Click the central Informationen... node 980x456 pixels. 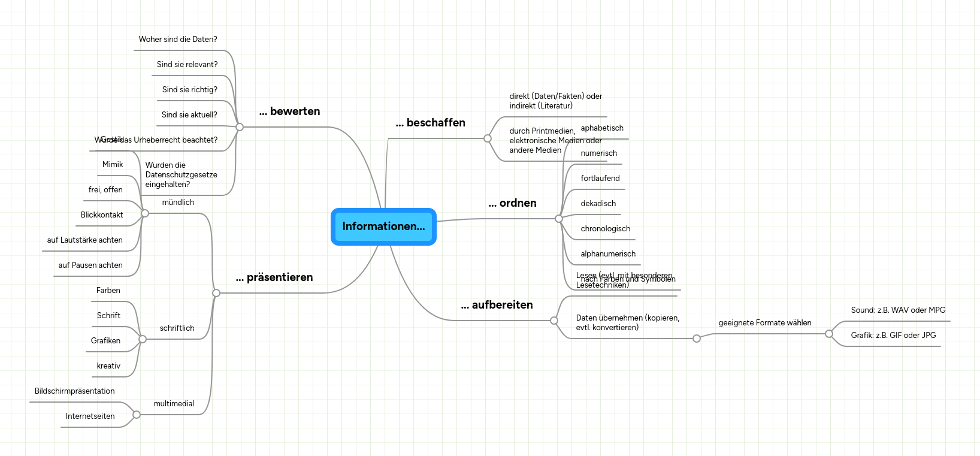click(x=383, y=227)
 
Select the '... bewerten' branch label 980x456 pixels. click(x=289, y=111)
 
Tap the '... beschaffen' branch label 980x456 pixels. click(x=430, y=123)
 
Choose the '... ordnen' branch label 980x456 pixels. click(x=512, y=203)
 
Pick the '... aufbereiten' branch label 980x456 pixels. click(x=497, y=305)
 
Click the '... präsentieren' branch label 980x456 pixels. click(x=274, y=277)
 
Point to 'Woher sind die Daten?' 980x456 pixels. click(x=178, y=40)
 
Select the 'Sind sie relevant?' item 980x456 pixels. click(x=187, y=65)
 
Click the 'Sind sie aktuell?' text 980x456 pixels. click(x=189, y=115)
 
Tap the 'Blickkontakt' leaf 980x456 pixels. click(x=102, y=215)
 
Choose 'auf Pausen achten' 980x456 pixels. click(x=90, y=265)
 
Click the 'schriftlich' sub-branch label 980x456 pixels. click(x=177, y=328)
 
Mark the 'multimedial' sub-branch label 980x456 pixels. click(x=174, y=404)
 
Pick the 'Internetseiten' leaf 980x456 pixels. click(x=90, y=416)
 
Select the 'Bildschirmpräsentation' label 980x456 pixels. click(x=74, y=391)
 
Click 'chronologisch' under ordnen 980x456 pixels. click(x=605, y=229)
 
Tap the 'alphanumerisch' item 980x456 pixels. click(x=608, y=254)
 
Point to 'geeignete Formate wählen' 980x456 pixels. click(x=765, y=323)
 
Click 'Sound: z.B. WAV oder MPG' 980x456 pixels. click(x=898, y=310)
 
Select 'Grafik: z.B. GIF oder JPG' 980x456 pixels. click(x=893, y=336)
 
